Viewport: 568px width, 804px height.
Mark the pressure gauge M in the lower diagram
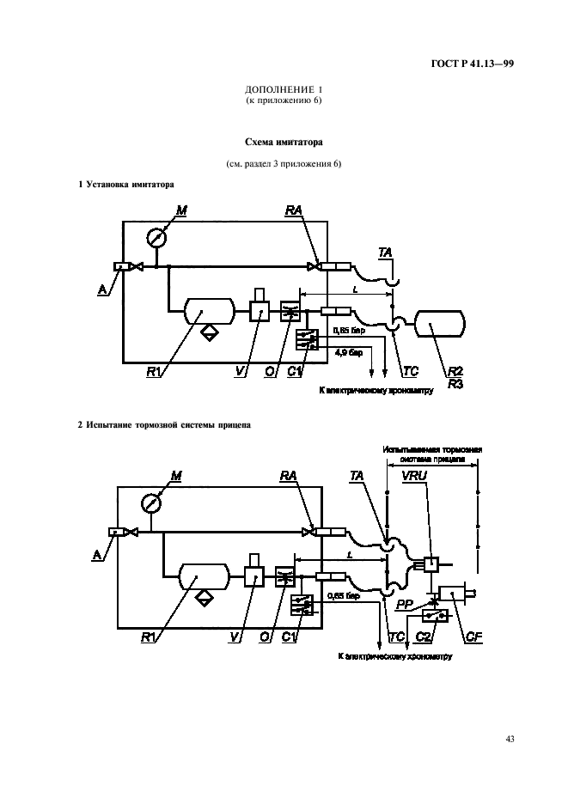[153, 502]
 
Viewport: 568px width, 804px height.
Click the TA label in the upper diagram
[386, 251]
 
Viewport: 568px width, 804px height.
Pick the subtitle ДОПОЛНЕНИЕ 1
[283, 89]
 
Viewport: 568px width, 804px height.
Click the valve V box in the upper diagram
[260, 311]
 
